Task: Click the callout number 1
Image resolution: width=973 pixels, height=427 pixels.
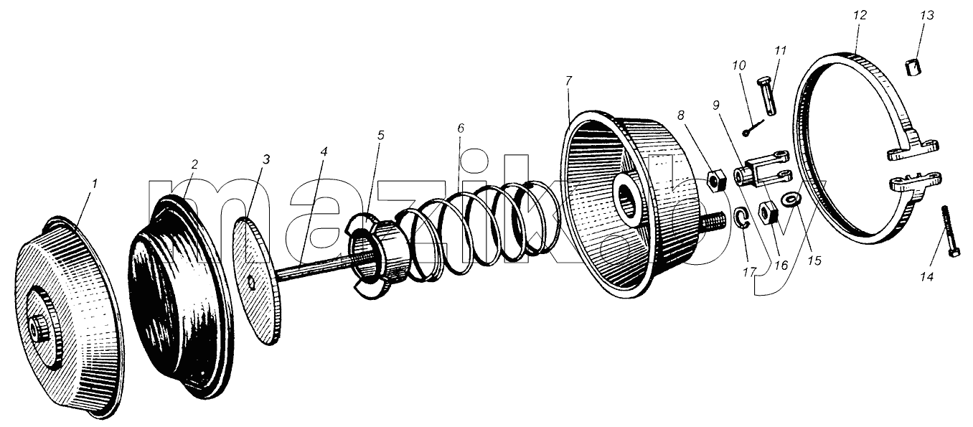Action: click(x=95, y=184)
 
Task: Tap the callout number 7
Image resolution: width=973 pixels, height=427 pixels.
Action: click(x=568, y=81)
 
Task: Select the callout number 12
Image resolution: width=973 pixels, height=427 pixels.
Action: click(x=860, y=15)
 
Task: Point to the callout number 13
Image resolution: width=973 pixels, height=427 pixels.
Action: click(x=926, y=15)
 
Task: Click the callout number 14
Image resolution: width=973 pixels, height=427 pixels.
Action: click(x=927, y=276)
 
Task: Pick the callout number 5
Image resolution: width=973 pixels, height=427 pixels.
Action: click(x=380, y=135)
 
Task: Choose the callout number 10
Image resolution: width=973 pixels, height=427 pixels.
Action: click(x=738, y=65)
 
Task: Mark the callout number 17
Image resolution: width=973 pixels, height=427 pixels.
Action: click(x=749, y=273)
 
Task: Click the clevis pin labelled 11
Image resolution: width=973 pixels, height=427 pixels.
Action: click(x=766, y=96)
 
